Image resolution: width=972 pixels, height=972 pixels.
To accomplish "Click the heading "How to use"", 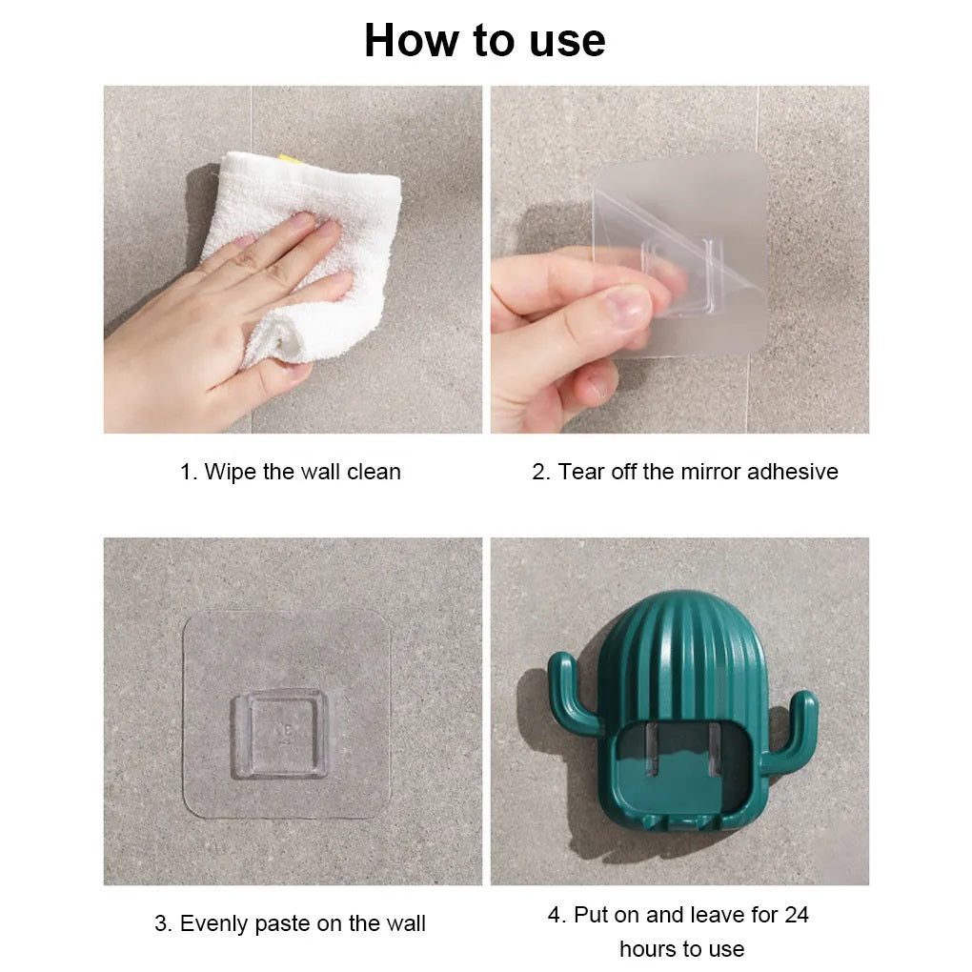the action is [x=485, y=41].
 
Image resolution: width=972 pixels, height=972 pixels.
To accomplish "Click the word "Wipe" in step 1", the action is [x=231, y=472].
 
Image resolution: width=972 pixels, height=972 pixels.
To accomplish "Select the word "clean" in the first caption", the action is [x=374, y=472].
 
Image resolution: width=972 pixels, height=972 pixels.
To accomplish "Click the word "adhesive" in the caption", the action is [x=793, y=472].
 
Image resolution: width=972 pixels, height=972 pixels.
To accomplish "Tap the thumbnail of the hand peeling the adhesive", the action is [x=679, y=259].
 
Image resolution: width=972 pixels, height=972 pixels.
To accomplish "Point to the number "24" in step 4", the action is [x=796, y=915].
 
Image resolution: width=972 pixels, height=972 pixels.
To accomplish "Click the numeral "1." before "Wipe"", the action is [x=189, y=473].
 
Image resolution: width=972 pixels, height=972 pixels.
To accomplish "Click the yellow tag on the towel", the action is [x=290, y=159].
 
